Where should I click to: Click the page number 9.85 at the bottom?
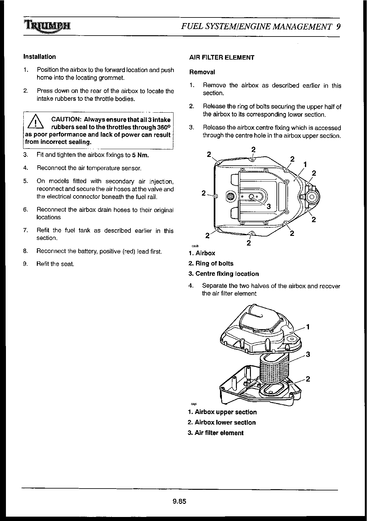179,502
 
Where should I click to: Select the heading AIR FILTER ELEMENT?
222,57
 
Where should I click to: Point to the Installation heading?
39,57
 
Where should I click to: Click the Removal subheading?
202,72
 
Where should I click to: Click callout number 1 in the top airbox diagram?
305,164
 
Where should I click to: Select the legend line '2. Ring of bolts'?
211,264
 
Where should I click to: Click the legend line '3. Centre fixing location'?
223,274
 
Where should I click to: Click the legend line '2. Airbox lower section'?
222,423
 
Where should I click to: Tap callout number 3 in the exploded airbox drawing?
308,354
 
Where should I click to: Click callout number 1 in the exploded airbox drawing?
308,327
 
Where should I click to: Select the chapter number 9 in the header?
338,27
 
